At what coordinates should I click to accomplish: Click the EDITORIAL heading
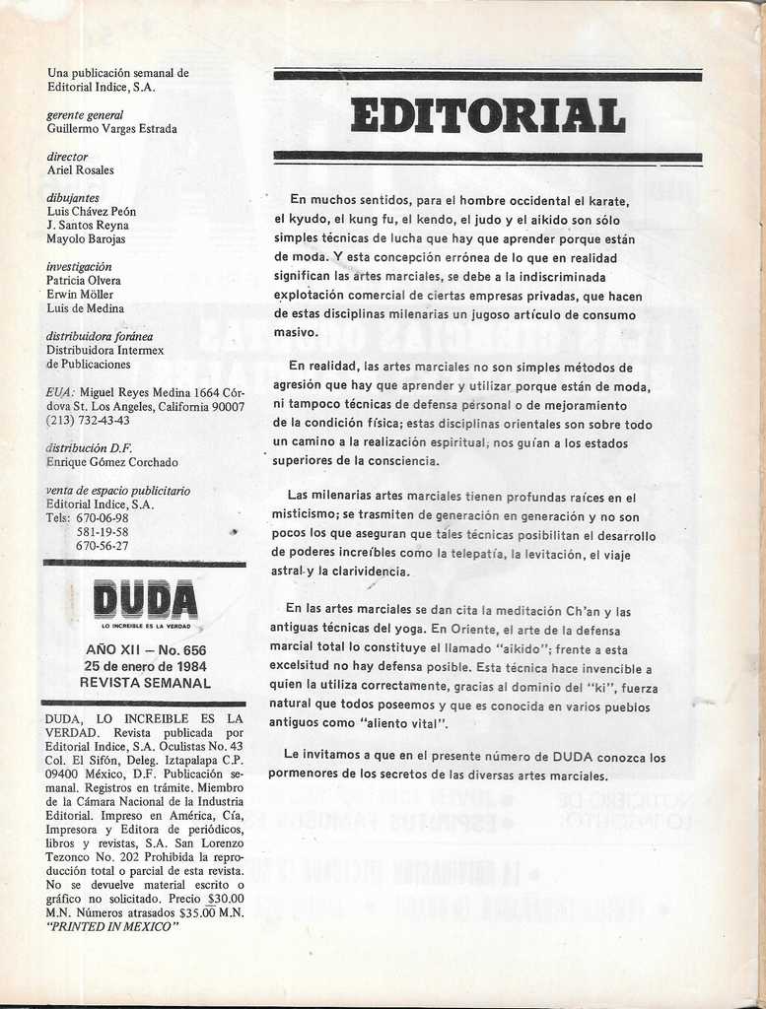pyautogui.click(x=488, y=115)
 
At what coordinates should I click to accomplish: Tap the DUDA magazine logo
pyautogui.click(x=146, y=601)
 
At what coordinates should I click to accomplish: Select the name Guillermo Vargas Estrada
pyautogui.click(x=112, y=129)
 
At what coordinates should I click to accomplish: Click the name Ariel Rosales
pyautogui.click(x=80, y=170)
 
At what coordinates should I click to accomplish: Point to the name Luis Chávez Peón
pyautogui.click(x=92, y=212)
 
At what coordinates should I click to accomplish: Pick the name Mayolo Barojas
pyautogui.click(x=86, y=239)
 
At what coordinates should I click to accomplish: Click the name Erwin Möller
pyautogui.click(x=80, y=295)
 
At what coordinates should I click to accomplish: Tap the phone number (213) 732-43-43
pyautogui.click(x=88, y=421)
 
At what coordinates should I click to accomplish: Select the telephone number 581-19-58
pyautogui.click(x=103, y=532)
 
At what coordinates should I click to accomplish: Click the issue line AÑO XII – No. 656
pyautogui.click(x=146, y=650)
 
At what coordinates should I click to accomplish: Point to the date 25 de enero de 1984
pyautogui.click(x=146, y=666)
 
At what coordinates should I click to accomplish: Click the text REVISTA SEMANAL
pyautogui.click(x=146, y=682)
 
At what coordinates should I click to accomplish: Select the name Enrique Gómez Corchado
pyautogui.click(x=112, y=462)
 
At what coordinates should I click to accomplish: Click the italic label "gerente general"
pyautogui.click(x=85, y=115)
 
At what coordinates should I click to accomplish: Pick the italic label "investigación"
pyautogui.click(x=79, y=267)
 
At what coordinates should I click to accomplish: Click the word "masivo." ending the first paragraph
pyautogui.click(x=296, y=332)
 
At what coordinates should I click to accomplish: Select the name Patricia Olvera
pyautogui.click(x=84, y=281)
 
